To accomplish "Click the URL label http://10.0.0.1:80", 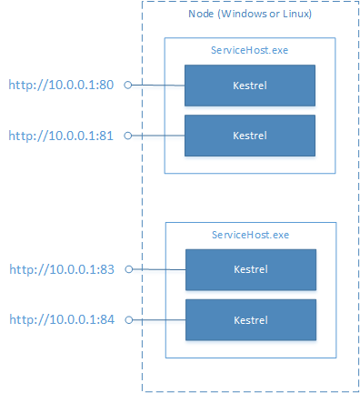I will click(x=59, y=85).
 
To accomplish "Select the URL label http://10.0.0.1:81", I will click(x=59, y=135).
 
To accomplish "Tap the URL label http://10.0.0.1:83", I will click(x=59, y=269).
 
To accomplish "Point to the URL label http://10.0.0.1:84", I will click(x=59, y=319).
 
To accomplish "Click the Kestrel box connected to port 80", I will click(x=250, y=86).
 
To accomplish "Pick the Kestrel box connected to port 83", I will click(x=250, y=270).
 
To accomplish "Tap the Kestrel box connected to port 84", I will click(x=250, y=319).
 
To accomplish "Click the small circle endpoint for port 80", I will click(x=128, y=85).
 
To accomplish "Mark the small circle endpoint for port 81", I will click(x=128, y=135).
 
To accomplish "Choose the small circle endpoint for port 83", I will click(x=128, y=269).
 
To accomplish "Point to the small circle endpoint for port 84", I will click(x=128, y=319).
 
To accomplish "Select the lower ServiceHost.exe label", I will click(x=250, y=235).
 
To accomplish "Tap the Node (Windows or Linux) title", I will click(x=250, y=15).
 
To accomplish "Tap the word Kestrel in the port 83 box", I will click(x=250, y=270).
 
